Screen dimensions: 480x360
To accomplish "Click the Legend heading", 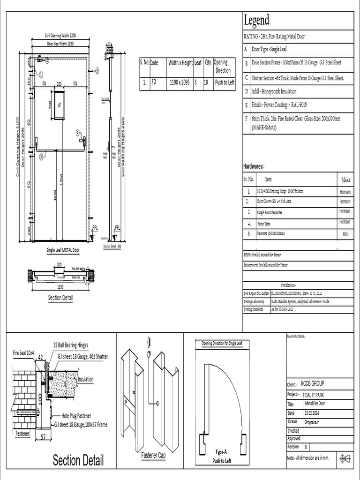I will (x=256, y=20).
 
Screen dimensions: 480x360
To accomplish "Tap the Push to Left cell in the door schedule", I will (x=225, y=82).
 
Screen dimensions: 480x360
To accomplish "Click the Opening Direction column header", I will (x=223, y=66).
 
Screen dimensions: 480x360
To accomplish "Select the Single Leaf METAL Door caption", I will (x=62, y=250).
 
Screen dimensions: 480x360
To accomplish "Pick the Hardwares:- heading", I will (x=255, y=166).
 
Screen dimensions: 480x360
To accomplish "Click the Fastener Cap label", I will (x=153, y=455).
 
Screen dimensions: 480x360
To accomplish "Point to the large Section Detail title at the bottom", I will (x=78, y=459).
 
